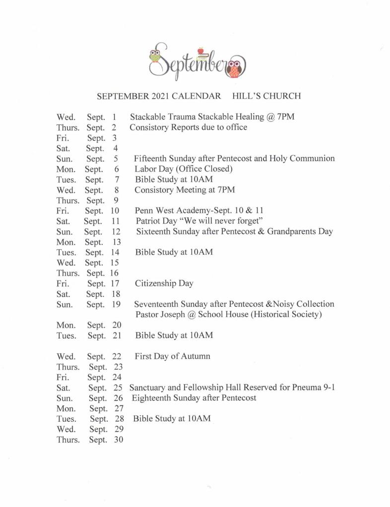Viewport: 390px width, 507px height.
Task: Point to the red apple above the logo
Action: click(x=200, y=51)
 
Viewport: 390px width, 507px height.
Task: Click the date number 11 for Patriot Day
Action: click(x=116, y=221)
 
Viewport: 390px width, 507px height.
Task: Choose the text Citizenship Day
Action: click(x=164, y=283)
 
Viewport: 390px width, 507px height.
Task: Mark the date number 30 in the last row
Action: click(x=118, y=440)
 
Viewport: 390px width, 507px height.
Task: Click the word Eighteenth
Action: click(x=153, y=398)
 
